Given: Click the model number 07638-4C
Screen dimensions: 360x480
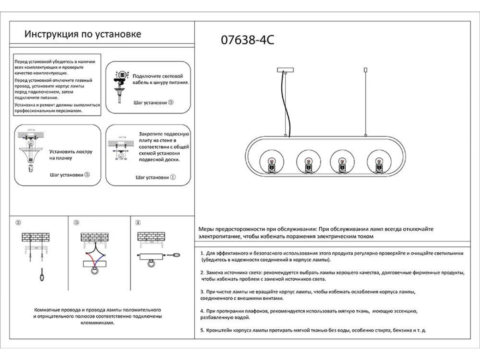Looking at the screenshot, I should (x=248, y=41).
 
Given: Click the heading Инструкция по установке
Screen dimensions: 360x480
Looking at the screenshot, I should (x=83, y=34).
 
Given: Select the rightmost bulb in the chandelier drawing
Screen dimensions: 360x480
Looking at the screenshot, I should (x=378, y=163).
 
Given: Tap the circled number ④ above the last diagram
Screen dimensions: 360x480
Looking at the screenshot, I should (x=138, y=222).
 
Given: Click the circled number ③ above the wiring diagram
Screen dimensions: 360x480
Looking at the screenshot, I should (x=76, y=222).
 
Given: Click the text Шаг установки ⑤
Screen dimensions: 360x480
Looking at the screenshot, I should (x=70, y=175).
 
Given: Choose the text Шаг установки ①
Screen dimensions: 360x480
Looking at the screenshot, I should (x=156, y=177).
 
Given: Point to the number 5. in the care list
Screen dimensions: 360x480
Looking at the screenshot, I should (x=202, y=331).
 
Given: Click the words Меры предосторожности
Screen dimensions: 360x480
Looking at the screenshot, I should (x=232, y=229).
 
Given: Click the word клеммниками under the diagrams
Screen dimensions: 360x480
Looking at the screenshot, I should (x=97, y=322).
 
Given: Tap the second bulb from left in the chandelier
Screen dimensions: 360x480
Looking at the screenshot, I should (x=308, y=163).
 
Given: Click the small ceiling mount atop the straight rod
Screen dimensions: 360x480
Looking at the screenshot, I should (x=365, y=70).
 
